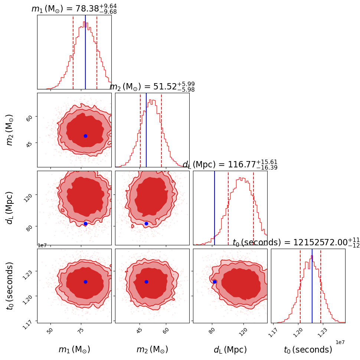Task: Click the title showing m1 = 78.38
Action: (74, 9)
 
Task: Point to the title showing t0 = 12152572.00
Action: (296, 243)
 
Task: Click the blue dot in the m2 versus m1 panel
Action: (85, 136)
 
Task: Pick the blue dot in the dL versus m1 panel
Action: (85, 223)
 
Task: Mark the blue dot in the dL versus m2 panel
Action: (146, 223)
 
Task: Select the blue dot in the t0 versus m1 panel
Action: (85, 282)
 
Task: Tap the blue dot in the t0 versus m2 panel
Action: (146, 282)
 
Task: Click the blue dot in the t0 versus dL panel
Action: (215, 282)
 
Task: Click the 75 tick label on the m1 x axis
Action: (81, 331)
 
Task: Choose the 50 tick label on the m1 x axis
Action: (50, 331)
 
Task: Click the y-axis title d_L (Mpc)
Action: (10, 207)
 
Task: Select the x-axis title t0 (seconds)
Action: (308, 350)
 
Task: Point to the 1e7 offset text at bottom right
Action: (340, 342)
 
